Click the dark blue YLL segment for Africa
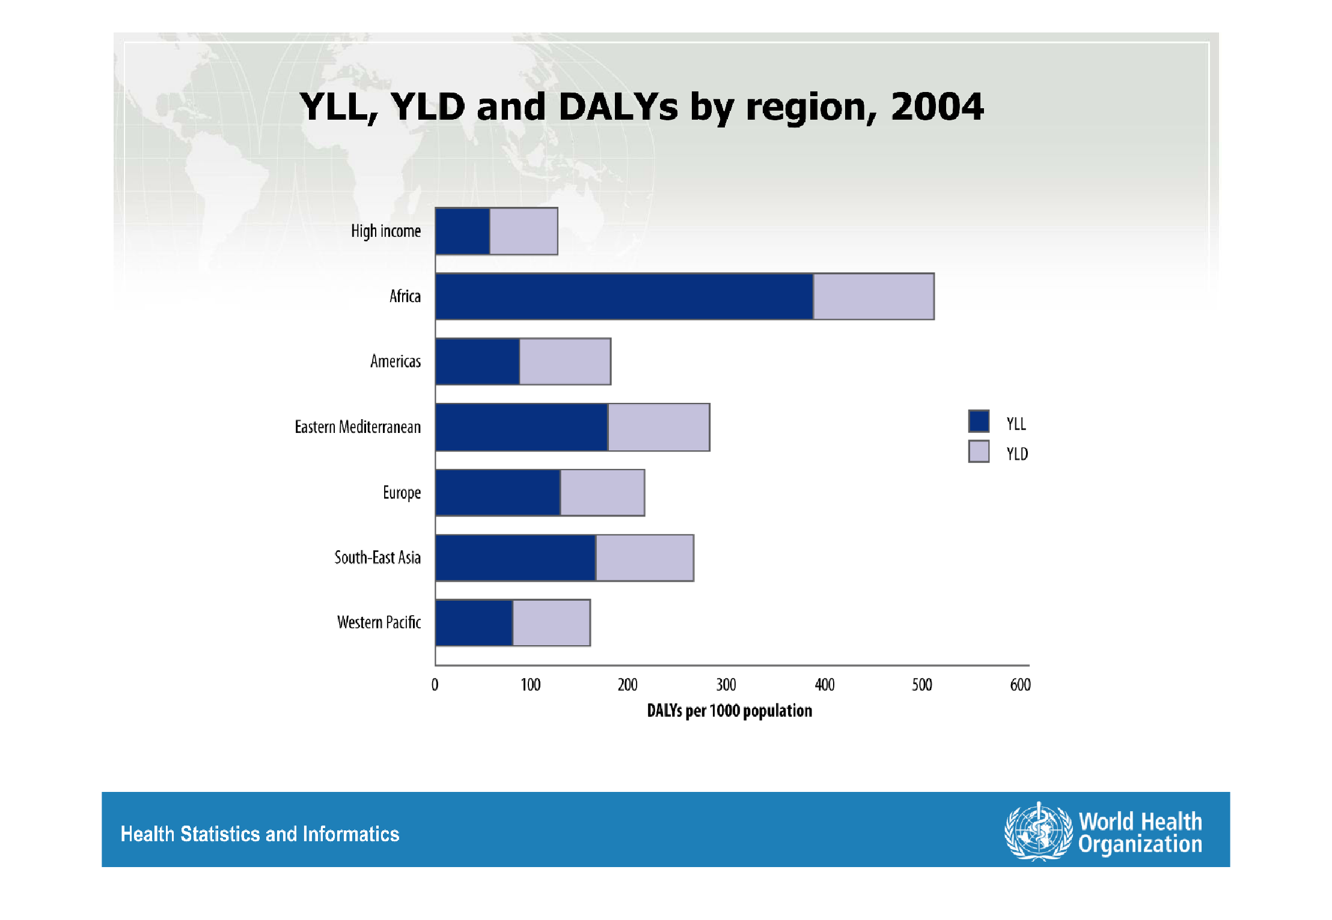click(624, 296)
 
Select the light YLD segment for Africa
click(874, 296)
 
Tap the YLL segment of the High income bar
click(463, 231)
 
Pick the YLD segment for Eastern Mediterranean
click(659, 427)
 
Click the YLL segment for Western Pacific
click(474, 622)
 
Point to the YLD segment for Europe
click(602, 492)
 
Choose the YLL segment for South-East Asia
click(516, 558)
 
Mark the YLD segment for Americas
click(565, 361)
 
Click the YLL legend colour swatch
click(979, 421)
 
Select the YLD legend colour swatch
click(979, 452)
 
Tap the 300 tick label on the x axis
click(726, 685)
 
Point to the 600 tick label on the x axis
click(1020, 685)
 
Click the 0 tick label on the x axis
click(435, 685)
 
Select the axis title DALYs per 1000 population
click(729, 711)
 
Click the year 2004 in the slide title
click(937, 107)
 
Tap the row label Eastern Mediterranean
click(358, 427)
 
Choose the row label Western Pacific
click(379, 622)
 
